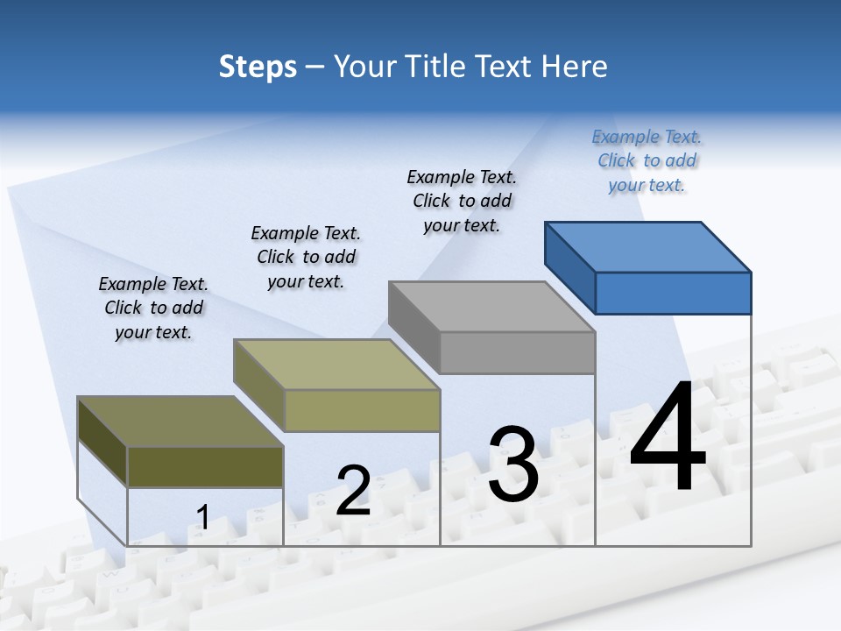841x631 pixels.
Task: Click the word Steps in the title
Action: coord(258,67)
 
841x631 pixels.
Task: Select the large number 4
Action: coord(668,438)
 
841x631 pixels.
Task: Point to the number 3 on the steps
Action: coord(513,464)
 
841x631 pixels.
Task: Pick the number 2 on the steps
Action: coord(353,491)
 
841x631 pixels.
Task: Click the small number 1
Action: coord(202,517)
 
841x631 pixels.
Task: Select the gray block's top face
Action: coord(491,307)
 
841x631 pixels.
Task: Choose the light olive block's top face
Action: coord(336,365)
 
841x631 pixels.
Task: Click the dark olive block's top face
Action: coord(180,422)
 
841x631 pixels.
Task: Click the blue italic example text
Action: coord(647,160)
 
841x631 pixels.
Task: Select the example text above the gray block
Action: coord(462,201)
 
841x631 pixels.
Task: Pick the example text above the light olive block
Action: coord(306,257)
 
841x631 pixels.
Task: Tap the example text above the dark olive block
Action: coord(153,308)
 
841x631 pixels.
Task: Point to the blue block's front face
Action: coord(673,293)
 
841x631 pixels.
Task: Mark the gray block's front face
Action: coord(517,352)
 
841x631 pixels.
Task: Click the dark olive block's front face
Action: coord(205,466)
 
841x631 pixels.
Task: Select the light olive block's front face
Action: coord(362,410)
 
